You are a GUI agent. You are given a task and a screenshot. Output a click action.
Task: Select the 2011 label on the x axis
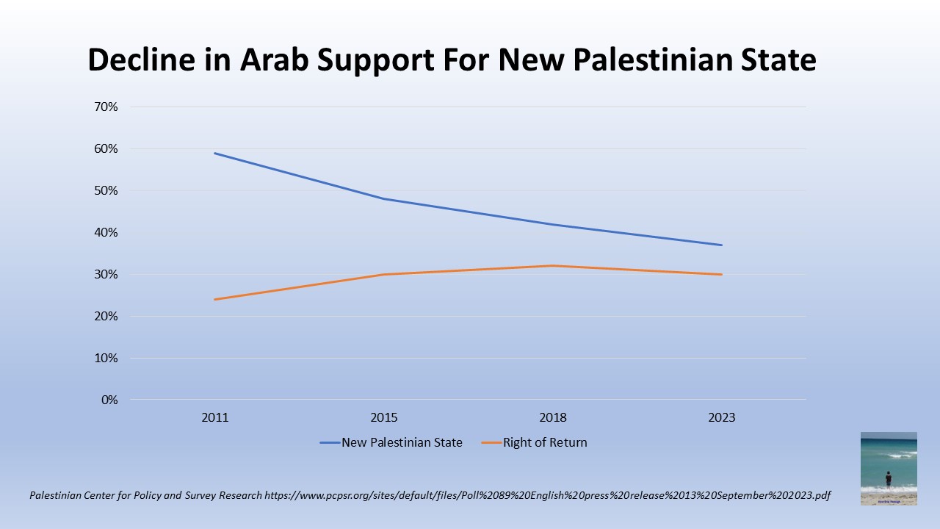pyautogui.click(x=215, y=418)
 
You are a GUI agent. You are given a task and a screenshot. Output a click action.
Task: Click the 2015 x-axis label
pyautogui.click(x=384, y=418)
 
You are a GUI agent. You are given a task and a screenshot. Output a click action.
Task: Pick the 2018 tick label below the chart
pyautogui.click(x=553, y=418)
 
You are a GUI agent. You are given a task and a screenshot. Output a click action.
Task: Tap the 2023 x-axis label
pyautogui.click(x=722, y=418)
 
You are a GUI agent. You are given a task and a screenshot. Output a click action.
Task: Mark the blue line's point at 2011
pyautogui.click(x=215, y=153)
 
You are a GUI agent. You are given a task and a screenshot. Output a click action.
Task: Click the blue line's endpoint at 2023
pyautogui.click(x=722, y=245)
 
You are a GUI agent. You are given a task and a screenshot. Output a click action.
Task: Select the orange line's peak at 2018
pyautogui.click(x=553, y=266)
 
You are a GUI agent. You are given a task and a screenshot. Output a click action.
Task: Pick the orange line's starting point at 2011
pyautogui.click(x=215, y=299)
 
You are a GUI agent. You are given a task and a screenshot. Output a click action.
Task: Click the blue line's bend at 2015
pyautogui.click(x=384, y=199)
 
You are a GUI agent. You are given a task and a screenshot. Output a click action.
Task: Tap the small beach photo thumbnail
pyautogui.click(x=889, y=468)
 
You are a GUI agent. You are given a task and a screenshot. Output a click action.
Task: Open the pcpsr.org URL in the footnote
pyautogui.click(x=547, y=496)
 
